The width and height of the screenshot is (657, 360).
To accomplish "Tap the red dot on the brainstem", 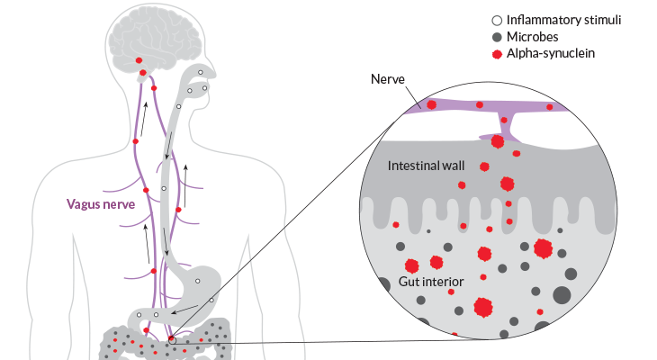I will click(x=141, y=60).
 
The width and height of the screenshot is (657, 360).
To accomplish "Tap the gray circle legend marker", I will click(x=499, y=37).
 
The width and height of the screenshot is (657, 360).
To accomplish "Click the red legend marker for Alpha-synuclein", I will click(x=499, y=54).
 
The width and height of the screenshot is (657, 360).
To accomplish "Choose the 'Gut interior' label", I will click(x=431, y=283).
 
